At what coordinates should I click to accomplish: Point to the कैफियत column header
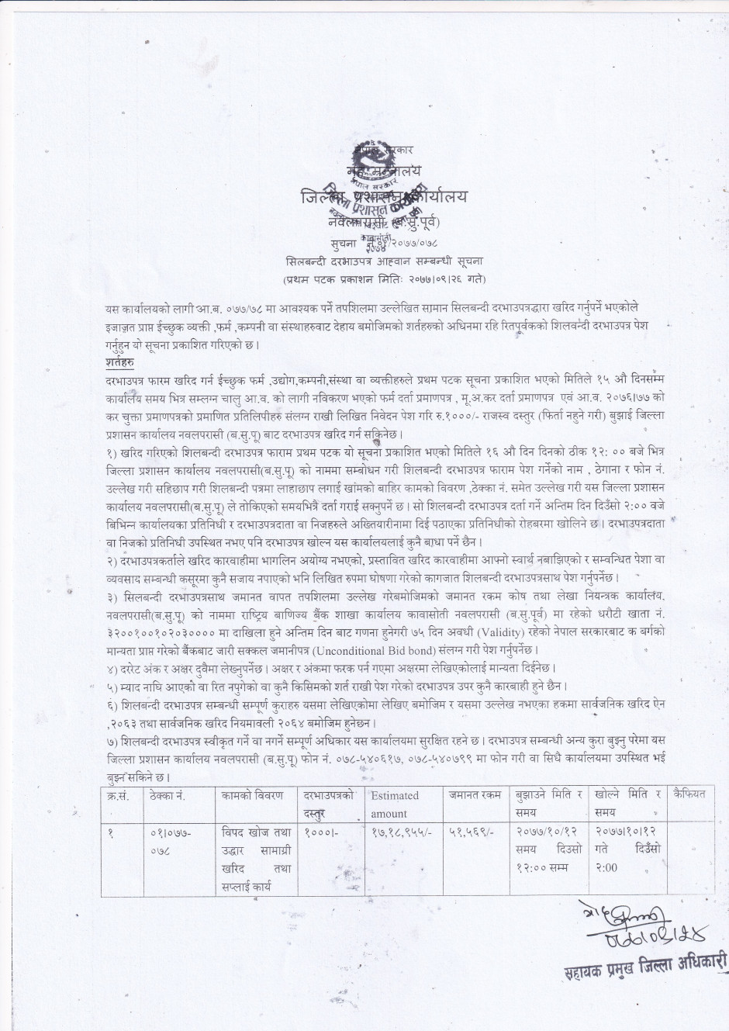691,794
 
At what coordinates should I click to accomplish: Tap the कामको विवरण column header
251,795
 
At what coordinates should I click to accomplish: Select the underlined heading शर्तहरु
120,362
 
